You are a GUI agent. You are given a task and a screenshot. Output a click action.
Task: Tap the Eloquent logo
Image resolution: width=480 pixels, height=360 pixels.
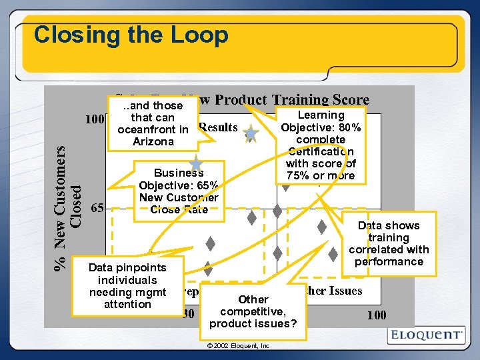[x=425, y=335]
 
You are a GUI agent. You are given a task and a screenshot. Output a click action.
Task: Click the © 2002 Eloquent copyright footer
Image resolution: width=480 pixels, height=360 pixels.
[x=238, y=346]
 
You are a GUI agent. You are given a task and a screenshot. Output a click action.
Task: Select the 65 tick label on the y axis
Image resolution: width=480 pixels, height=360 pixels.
[x=97, y=207]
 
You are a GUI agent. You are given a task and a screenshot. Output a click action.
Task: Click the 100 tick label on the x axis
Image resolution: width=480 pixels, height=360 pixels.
[x=377, y=315]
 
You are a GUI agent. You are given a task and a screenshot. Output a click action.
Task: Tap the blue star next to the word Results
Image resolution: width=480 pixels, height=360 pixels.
[x=251, y=134]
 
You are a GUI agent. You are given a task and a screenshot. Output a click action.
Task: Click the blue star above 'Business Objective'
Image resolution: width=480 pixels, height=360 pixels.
[x=196, y=163]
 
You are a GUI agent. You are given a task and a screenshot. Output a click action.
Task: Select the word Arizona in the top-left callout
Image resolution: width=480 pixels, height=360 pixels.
[x=153, y=142]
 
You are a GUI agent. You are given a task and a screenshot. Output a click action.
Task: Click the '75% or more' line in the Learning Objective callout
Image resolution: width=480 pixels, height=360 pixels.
[x=321, y=176]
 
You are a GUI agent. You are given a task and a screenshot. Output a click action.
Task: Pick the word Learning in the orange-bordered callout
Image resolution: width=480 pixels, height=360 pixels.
[x=321, y=115]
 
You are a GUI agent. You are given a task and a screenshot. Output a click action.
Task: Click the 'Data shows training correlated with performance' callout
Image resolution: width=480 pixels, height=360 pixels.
[x=389, y=243]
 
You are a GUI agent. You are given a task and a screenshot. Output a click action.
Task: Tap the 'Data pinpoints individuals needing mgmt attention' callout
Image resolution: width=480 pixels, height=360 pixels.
[x=127, y=285]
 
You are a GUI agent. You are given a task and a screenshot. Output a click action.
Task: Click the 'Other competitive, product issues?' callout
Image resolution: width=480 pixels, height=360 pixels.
[x=253, y=311]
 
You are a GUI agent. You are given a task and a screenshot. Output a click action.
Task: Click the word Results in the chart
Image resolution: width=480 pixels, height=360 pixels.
[x=218, y=127]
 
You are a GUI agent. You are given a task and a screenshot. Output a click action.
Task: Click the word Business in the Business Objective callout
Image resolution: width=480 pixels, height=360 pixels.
[x=179, y=173]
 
